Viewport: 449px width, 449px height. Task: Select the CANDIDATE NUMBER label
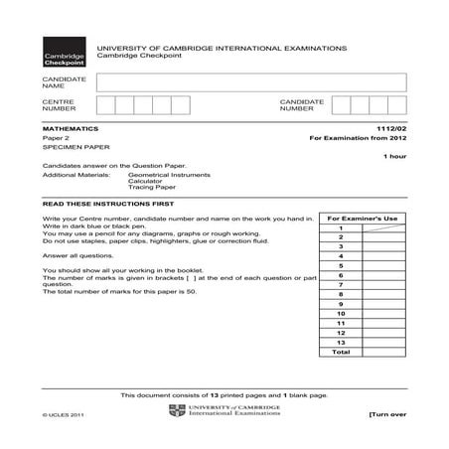(x=302, y=106)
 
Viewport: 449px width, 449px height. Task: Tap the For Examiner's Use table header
(x=362, y=219)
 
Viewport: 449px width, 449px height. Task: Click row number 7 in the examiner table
(x=341, y=284)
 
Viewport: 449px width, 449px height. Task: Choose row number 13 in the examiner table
(x=341, y=342)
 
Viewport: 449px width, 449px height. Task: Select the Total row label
(x=341, y=352)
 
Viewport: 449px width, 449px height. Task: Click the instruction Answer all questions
(x=78, y=254)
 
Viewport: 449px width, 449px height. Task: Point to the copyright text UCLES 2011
(x=65, y=414)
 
